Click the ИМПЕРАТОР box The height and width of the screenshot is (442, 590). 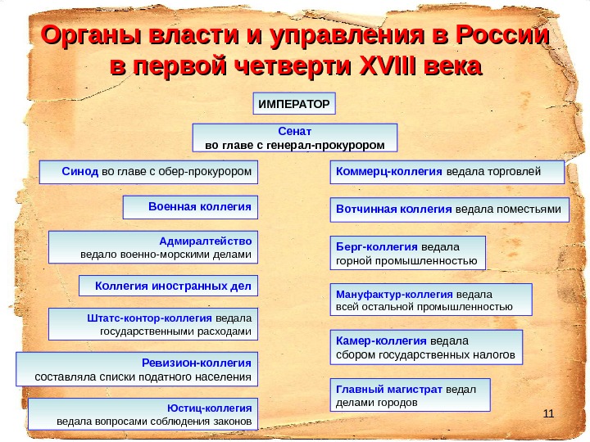pos(293,104)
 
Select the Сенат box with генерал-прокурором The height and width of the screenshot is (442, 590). pos(294,138)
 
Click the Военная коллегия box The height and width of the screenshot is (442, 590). pos(190,208)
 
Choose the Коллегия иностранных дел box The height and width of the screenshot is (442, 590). pos(168,286)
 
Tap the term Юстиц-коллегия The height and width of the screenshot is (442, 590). pos(217,407)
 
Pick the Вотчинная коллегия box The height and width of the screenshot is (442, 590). pos(450,210)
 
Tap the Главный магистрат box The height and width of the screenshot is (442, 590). pos(412,395)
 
